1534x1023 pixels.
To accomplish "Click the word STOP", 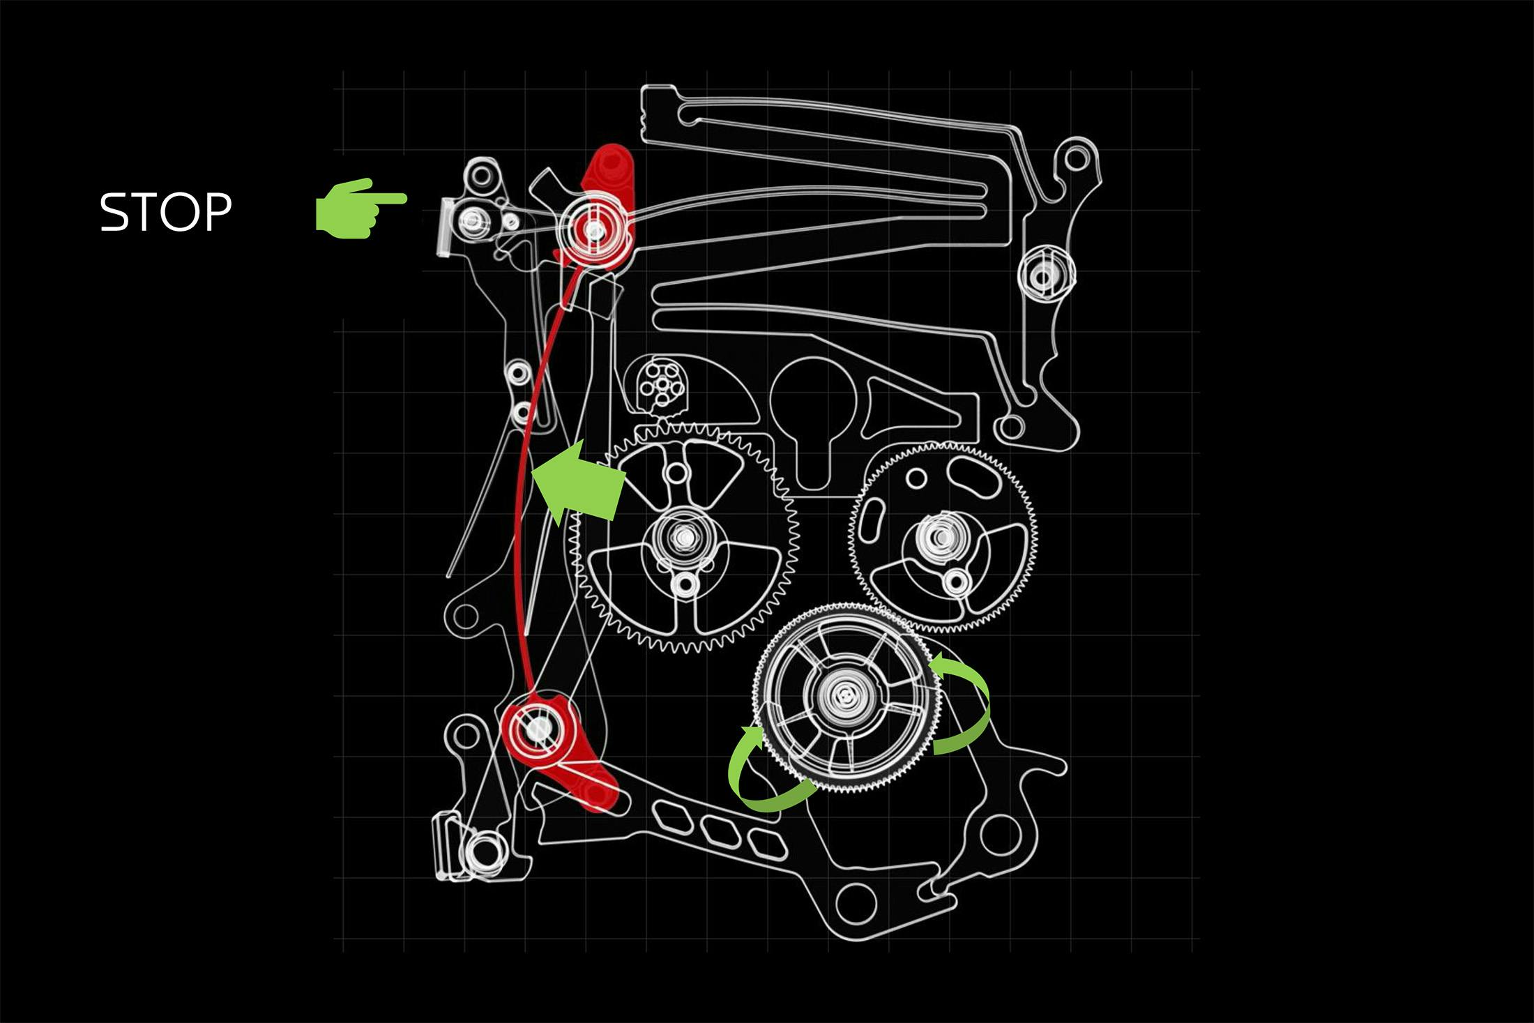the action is point(166,212).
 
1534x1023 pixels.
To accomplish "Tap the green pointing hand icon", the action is point(361,209).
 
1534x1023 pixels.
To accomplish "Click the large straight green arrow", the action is point(578,482).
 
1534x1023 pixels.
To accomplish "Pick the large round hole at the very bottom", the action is point(855,904).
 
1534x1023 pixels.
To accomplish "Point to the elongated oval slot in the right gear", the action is point(975,480).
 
